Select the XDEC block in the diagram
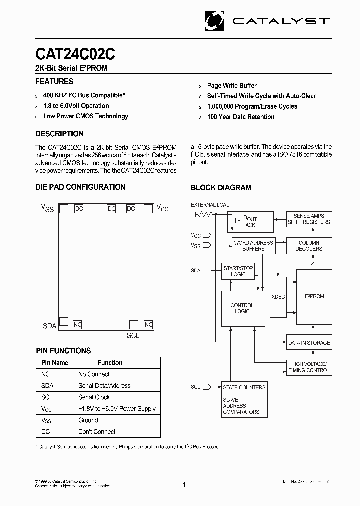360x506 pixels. click(x=278, y=296)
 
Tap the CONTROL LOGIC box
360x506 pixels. click(x=242, y=308)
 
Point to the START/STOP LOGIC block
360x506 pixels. click(x=238, y=271)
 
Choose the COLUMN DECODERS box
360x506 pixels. click(x=309, y=246)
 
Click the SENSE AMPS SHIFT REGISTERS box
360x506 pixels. click(x=309, y=219)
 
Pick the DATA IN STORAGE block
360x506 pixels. click(x=309, y=343)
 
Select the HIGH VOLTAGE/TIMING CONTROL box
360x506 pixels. click(x=309, y=367)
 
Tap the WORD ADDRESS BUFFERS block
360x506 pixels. click(x=253, y=246)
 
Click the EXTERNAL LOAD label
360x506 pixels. click(x=210, y=205)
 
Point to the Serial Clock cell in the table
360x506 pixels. click(x=94, y=397)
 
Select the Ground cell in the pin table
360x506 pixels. click(x=88, y=420)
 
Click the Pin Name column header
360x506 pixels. click(x=55, y=363)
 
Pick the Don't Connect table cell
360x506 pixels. click(x=97, y=432)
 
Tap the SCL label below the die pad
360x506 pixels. click(x=133, y=336)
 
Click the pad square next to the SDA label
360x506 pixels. click(x=64, y=321)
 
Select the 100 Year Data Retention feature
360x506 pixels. click(x=241, y=117)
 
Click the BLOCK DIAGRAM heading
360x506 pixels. click(x=221, y=188)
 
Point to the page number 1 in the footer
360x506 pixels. click(x=184, y=484)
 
